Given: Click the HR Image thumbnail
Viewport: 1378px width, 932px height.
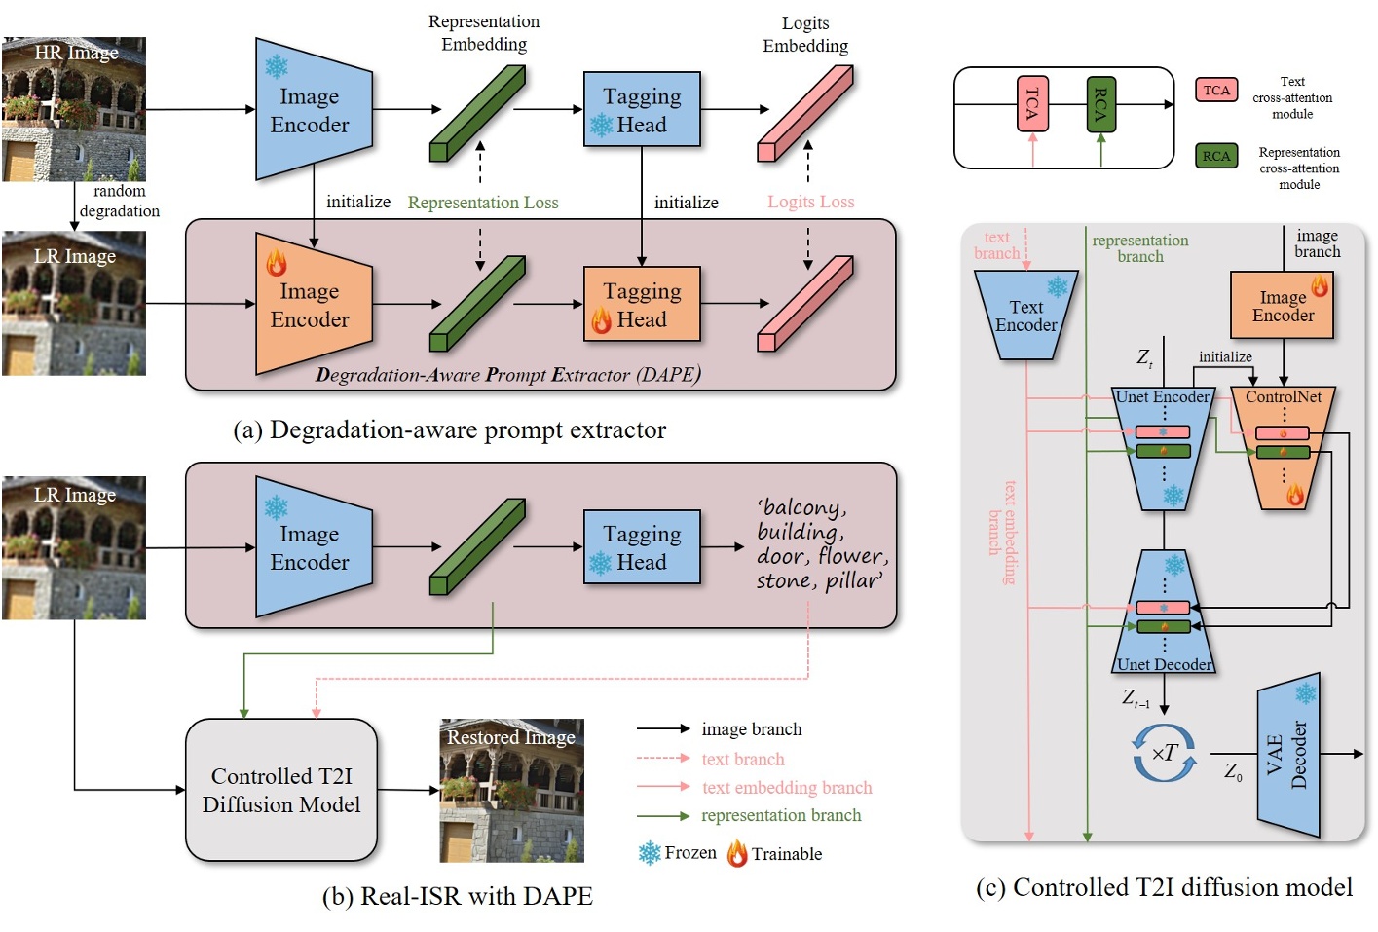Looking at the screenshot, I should pyautogui.click(x=74, y=109).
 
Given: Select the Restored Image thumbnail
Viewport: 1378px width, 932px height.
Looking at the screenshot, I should pyautogui.click(x=511, y=790).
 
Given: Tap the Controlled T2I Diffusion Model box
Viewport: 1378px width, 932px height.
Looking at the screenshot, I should pyautogui.click(x=281, y=790).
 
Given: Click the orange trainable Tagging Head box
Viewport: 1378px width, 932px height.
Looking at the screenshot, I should pyautogui.click(x=642, y=304).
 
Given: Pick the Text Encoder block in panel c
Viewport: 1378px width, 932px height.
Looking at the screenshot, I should pyautogui.click(x=1026, y=316).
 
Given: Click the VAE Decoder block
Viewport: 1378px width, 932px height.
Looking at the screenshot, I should pyautogui.click(x=1288, y=755).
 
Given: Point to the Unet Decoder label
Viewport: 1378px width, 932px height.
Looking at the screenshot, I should pyautogui.click(x=1165, y=664).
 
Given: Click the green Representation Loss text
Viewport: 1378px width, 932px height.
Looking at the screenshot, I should pyautogui.click(x=483, y=203).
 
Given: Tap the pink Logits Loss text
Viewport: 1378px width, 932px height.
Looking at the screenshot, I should pyautogui.click(x=810, y=202).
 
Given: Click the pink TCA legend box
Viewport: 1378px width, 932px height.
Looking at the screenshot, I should pyautogui.click(x=1216, y=91).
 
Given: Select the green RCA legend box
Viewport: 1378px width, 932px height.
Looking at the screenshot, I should pyautogui.click(x=1216, y=156).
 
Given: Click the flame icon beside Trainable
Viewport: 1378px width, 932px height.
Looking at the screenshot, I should pyautogui.click(x=737, y=853).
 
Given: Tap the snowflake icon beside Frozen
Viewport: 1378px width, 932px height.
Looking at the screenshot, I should pyautogui.click(x=650, y=853).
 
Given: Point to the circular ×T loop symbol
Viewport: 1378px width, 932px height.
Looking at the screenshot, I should pyautogui.click(x=1165, y=753).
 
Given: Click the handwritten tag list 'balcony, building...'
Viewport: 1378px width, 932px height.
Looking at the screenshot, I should pyautogui.click(x=821, y=544).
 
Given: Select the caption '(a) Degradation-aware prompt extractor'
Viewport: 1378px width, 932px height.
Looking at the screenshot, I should pyautogui.click(x=449, y=429).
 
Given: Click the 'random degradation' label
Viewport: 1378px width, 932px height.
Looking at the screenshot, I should pyautogui.click(x=119, y=202).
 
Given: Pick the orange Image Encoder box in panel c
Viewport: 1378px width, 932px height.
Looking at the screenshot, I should pyautogui.click(x=1283, y=306).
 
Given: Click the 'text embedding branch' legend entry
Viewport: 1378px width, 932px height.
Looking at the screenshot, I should pyautogui.click(x=787, y=787).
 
